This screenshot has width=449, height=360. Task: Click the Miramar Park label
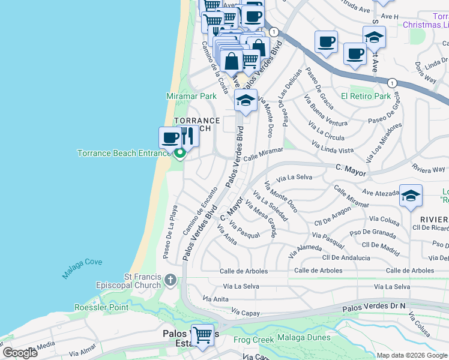click(x=191, y=96)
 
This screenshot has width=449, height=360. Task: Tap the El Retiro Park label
click(x=366, y=96)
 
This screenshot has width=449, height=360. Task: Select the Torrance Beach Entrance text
click(x=124, y=153)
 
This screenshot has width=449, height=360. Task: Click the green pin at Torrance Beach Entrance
click(x=179, y=154)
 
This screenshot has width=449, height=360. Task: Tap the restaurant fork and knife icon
click(x=187, y=137)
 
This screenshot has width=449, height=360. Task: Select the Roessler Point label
click(x=101, y=307)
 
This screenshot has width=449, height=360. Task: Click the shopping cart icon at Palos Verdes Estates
click(x=203, y=335)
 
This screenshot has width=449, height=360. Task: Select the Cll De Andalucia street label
click(x=346, y=257)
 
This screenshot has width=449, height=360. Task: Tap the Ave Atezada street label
click(x=381, y=193)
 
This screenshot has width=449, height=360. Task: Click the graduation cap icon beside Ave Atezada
click(x=411, y=196)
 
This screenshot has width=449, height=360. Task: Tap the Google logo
click(x=20, y=353)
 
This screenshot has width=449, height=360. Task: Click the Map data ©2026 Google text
click(x=411, y=355)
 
